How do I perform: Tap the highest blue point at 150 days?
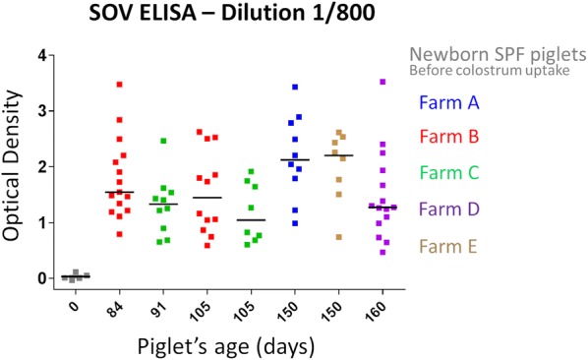click(x=294, y=88)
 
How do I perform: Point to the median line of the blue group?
click(x=294, y=159)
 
